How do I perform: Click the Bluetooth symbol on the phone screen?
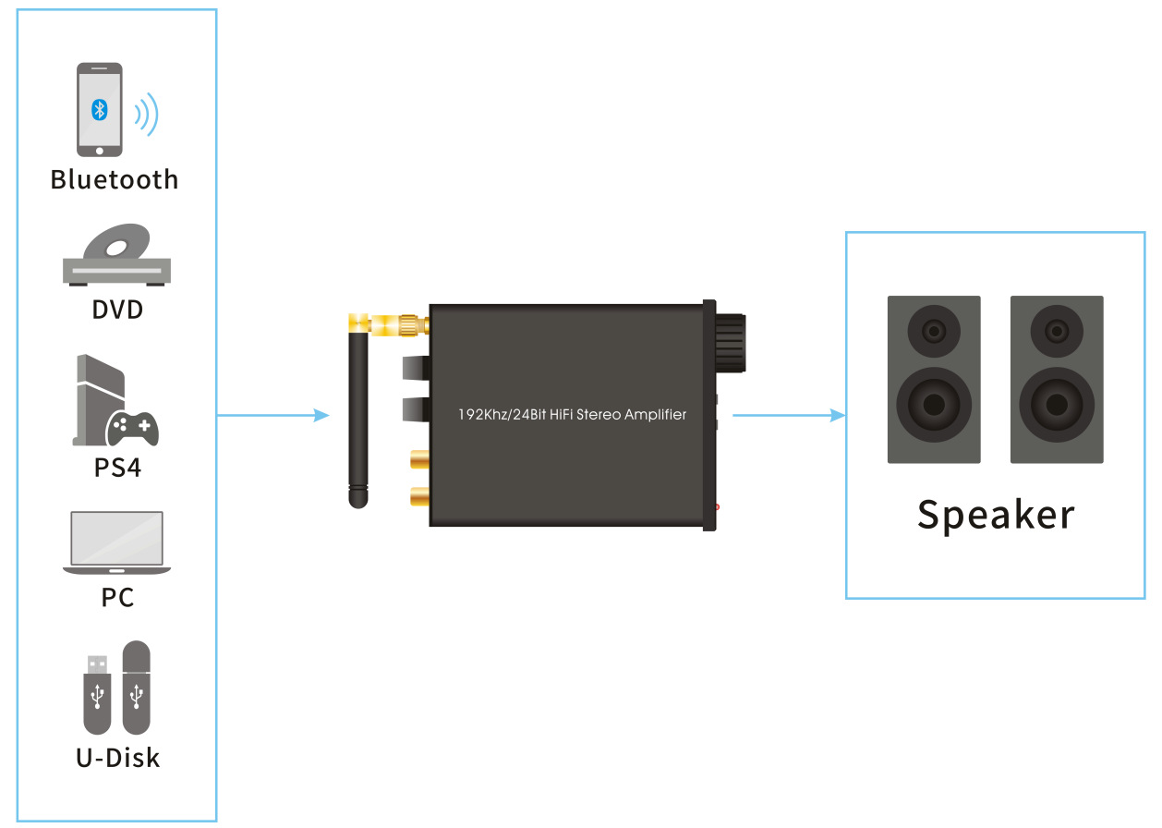[x=100, y=109]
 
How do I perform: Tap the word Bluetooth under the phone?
[x=115, y=178]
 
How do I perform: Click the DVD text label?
[x=117, y=309]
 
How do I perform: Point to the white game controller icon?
[x=133, y=427]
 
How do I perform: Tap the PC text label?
[x=117, y=597]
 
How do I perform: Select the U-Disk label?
[x=117, y=758]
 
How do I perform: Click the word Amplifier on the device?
[x=655, y=415]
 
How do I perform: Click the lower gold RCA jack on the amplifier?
[x=417, y=497]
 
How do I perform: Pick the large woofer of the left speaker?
[x=934, y=405]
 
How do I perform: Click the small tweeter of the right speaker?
[x=1057, y=330]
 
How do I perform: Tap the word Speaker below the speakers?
[x=996, y=515]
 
